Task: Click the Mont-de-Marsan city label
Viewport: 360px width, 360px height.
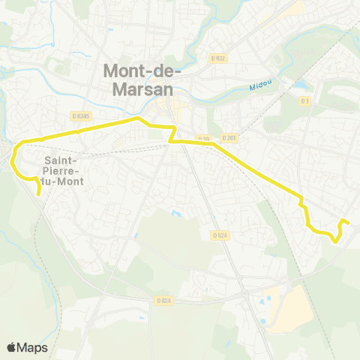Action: (x=136, y=79)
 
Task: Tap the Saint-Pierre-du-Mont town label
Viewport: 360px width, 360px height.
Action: (x=64, y=170)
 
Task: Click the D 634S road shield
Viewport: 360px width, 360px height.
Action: (x=82, y=115)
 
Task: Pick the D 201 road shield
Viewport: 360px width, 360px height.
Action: (x=229, y=138)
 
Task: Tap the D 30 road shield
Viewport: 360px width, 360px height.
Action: (x=204, y=138)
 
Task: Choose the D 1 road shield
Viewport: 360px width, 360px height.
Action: (x=304, y=100)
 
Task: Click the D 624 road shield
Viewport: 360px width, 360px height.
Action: (x=219, y=235)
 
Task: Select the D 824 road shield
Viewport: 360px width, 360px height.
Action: (x=165, y=301)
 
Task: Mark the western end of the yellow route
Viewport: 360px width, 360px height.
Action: (x=39, y=193)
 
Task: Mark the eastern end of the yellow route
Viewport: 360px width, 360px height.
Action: (x=349, y=223)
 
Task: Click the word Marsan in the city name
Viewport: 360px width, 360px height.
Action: (x=136, y=88)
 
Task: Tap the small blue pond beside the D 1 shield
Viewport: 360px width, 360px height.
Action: (x=300, y=84)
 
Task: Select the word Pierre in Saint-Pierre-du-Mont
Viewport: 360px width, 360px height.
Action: (x=64, y=170)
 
